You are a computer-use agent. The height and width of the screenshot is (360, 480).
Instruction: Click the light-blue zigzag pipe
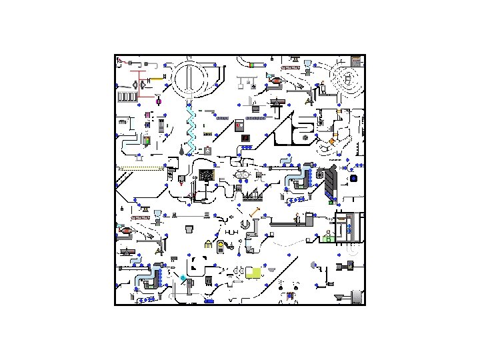point(191,130)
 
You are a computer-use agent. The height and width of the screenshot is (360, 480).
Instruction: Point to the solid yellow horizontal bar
point(156,79)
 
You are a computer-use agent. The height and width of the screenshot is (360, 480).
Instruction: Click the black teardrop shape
point(181,152)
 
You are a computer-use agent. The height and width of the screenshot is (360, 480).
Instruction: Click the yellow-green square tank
point(253,272)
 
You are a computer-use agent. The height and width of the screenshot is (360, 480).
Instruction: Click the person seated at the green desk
point(327,235)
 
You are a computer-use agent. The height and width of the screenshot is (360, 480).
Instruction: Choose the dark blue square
point(353,178)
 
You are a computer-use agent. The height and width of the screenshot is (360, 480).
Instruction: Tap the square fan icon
point(320,174)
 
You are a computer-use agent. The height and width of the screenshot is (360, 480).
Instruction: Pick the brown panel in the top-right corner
point(357,61)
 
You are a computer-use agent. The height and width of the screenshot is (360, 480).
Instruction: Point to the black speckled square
point(207,175)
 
